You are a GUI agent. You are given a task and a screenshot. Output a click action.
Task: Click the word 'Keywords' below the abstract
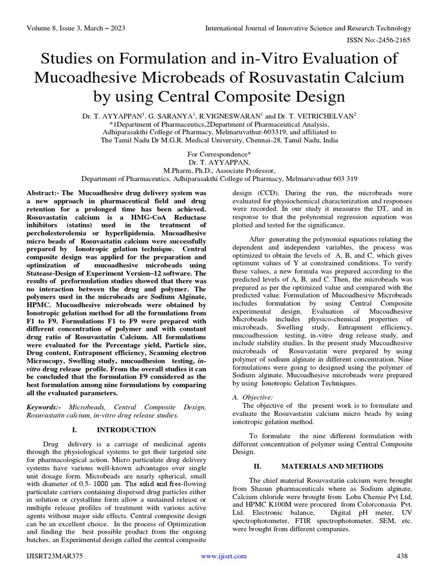[x=45, y=406]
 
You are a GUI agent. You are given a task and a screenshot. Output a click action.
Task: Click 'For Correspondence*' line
[x=219, y=154]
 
